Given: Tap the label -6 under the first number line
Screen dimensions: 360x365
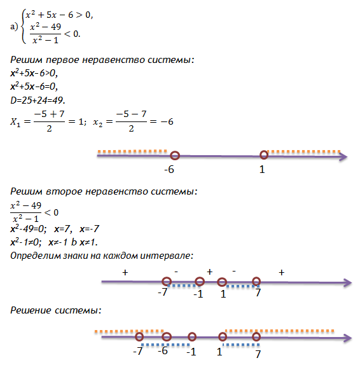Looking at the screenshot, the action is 169,169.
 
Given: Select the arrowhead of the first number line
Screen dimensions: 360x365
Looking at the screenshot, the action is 343,156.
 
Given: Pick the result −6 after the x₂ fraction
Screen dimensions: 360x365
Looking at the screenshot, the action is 167,121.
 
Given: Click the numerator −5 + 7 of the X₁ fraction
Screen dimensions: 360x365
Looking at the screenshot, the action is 49,114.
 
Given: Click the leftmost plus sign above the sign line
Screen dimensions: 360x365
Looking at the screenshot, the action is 125,272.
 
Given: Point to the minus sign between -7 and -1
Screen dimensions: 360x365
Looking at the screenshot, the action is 176,272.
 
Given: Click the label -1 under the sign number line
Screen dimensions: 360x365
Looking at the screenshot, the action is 198,294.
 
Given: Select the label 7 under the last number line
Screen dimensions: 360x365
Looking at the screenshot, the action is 258,354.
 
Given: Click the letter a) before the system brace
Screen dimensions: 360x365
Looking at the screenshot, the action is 14,27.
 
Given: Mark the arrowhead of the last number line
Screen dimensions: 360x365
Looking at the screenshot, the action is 347,338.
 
